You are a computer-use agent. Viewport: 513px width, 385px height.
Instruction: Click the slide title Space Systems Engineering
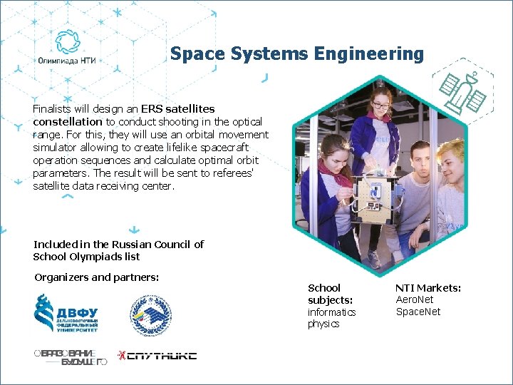pos(296,54)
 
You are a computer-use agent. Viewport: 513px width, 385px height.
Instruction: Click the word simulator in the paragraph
pos(56,148)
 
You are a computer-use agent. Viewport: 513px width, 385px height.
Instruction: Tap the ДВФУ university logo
pos(67,314)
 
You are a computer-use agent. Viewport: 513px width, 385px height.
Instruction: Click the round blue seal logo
pos(150,314)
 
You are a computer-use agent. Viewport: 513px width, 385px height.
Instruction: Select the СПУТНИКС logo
pos(157,355)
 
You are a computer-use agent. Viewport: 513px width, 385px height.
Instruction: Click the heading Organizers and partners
pos(96,277)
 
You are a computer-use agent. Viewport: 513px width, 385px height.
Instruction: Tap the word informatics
pos(331,312)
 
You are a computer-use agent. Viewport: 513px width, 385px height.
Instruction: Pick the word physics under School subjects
pos(323,324)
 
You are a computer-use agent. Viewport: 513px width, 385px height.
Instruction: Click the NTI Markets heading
pos(428,288)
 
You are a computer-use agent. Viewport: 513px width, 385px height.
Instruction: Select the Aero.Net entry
pos(415,300)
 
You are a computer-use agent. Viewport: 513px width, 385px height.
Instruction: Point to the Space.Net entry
pos(418,312)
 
